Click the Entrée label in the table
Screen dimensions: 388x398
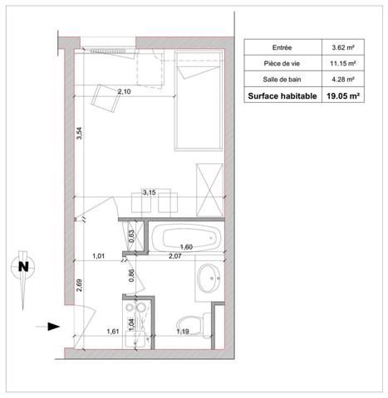282,47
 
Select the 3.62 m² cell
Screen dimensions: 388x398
343,47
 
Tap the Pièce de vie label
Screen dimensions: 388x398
282,64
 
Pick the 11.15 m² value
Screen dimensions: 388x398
343,64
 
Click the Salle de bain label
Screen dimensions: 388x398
282,80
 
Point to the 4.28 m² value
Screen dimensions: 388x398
343,80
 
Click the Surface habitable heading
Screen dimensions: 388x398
282,96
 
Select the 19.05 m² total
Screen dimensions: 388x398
343,96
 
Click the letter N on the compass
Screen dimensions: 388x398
23,267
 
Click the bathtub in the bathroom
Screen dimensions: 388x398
187,238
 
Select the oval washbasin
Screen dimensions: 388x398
209,279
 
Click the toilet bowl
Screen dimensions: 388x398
190,326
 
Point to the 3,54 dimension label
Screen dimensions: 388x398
79,133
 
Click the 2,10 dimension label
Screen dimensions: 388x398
125,91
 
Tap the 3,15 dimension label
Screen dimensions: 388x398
150,192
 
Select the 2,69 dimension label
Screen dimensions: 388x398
79,285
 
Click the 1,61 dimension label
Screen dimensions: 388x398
113,331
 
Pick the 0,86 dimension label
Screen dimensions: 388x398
132,275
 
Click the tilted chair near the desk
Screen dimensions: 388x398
105,98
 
